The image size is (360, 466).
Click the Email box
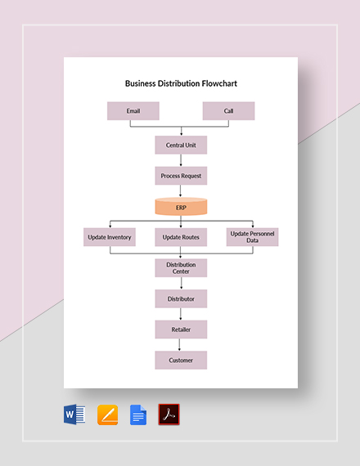pyautogui.click(x=133, y=111)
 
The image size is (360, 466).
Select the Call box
pyautogui.click(x=228, y=111)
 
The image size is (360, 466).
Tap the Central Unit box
pyautogui.click(x=181, y=146)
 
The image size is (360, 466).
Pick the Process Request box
pyautogui.click(x=181, y=176)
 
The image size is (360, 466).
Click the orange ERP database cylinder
pyautogui.click(x=181, y=208)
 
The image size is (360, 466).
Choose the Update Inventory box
pyautogui.click(x=109, y=237)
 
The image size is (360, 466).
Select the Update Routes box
pyautogui.click(x=181, y=237)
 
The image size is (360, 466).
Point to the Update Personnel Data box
pyautogui.click(x=252, y=237)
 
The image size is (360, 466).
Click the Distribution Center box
pyautogui.click(x=181, y=268)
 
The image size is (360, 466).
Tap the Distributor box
pyautogui.click(x=181, y=299)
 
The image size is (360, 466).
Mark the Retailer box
pyautogui.click(x=181, y=329)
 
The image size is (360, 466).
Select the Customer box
pyautogui.click(x=181, y=360)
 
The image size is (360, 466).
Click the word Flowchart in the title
pyautogui.click(x=214, y=83)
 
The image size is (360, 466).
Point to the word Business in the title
pyautogui.click(x=141, y=83)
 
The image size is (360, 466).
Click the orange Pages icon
pyautogui.click(x=108, y=415)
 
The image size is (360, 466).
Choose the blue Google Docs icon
pyautogui.click(x=138, y=415)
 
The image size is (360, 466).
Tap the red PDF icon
pyautogui.click(x=169, y=415)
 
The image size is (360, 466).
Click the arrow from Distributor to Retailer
pyautogui.click(x=181, y=314)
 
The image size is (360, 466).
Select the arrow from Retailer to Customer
pyautogui.click(x=181, y=345)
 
